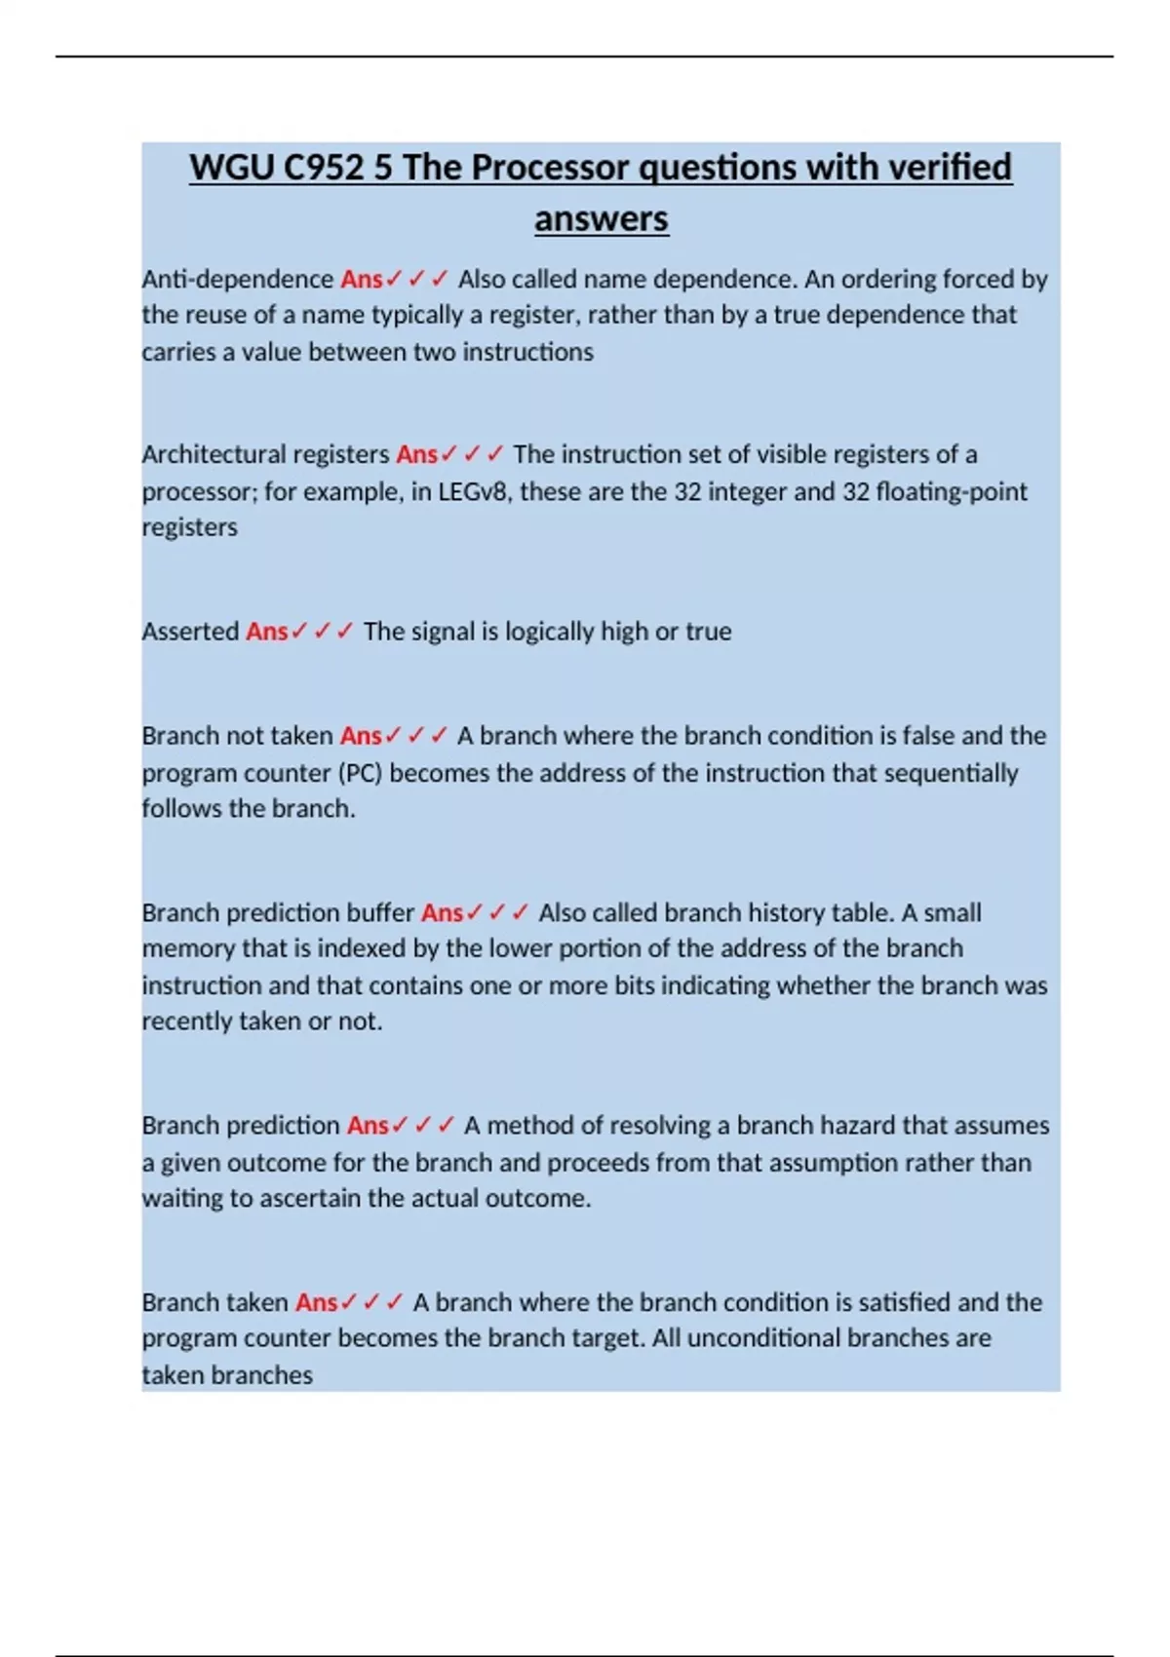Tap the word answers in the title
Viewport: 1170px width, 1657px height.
[x=601, y=218]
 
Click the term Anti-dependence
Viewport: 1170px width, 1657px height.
[x=238, y=280]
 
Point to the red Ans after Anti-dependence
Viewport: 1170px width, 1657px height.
[x=362, y=280]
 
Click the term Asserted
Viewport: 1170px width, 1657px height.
[x=190, y=632]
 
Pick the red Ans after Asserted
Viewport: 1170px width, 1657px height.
[x=267, y=632]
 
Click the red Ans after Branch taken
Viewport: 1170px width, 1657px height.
[x=317, y=1303]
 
